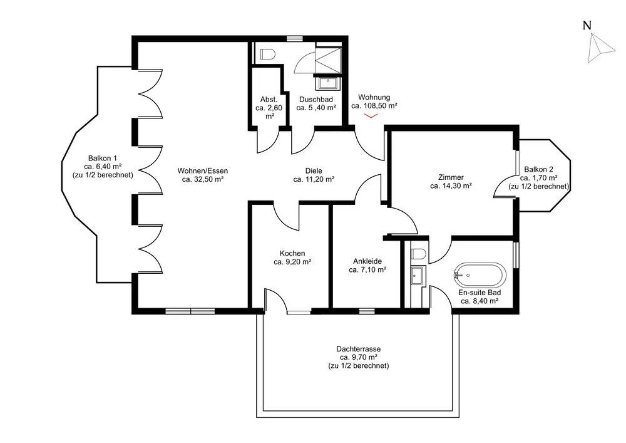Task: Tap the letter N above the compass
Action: (587, 26)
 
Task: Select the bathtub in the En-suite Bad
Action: (480, 275)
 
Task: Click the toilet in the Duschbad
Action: (267, 54)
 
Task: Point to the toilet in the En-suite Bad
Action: (419, 254)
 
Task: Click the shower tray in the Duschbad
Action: (328, 60)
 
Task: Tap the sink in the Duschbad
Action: (328, 83)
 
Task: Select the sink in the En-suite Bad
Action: (418, 276)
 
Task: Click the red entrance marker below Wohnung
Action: (371, 116)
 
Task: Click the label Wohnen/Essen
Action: (203, 171)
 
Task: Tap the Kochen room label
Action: (292, 253)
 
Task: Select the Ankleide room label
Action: (367, 261)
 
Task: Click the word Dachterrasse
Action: (359, 349)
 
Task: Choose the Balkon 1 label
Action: (103, 158)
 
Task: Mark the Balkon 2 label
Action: (538, 169)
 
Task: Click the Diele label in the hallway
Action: (314, 171)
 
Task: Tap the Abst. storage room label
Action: (269, 100)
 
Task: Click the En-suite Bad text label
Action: (480, 293)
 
